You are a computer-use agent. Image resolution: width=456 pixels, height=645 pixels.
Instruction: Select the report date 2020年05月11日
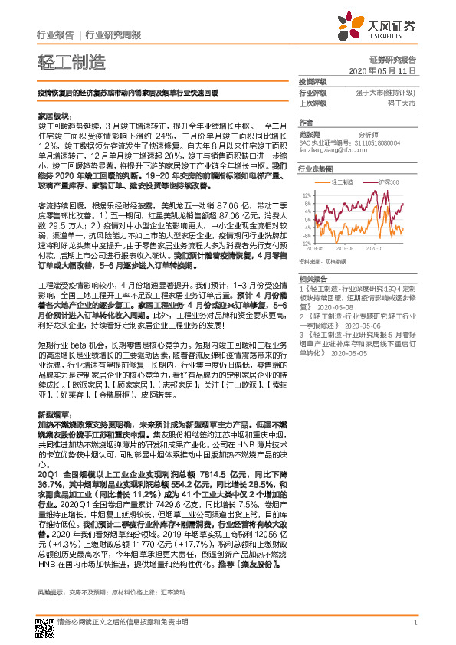(x=381, y=70)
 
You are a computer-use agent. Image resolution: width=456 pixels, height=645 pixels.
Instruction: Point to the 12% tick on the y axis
(x=307, y=194)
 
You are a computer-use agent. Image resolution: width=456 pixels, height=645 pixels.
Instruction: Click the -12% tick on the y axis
(x=307, y=242)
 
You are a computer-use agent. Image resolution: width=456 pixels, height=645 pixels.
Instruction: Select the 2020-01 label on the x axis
(x=376, y=247)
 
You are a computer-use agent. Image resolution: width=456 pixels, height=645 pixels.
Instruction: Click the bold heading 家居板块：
(x=54, y=113)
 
